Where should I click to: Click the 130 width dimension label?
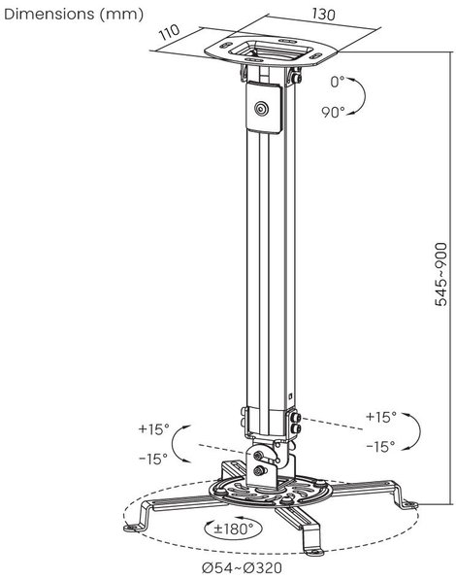(324, 14)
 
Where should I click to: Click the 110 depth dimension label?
(169, 32)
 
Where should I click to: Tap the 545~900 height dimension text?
(440, 274)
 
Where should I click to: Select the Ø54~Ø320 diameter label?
(242, 567)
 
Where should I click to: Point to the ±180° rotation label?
(234, 529)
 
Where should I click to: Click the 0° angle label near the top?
(337, 82)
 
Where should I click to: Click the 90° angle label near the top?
(333, 112)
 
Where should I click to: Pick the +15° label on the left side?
(153, 429)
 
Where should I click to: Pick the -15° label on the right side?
(380, 447)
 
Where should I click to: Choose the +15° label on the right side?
(381, 417)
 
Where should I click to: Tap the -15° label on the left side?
(153, 459)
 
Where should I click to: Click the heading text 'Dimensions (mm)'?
(74, 14)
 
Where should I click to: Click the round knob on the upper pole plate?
(261, 109)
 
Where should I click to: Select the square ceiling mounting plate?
(271, 51)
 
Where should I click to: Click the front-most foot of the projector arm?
(314, 552)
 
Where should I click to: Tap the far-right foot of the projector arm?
(409, 504)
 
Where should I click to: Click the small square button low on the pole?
(290, 395)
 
